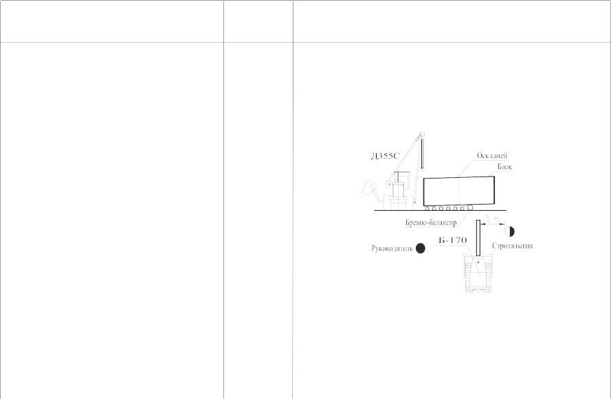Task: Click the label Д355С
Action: [x=385, y=157]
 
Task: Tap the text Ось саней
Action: [x=492, y=156]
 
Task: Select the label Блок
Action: [x=504, y=167]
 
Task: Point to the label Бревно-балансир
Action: [x=431, y=223]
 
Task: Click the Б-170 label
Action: [x=452, y=240]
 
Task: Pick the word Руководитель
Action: [x=392, y=249]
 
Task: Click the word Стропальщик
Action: [x=513, y=246]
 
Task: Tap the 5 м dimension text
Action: [x=493, y=219]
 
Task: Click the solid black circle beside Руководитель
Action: [x=421, y=249]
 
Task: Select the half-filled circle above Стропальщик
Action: [x=509, y=231]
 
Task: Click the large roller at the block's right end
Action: [x=470, y=207]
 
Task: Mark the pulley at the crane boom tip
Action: [x=421, y=135]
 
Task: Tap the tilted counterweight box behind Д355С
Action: [x=368, y=187]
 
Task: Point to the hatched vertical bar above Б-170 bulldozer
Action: [x=478, y=238]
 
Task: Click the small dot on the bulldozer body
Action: [x=478, y=262]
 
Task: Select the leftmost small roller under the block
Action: [x=427, y=209]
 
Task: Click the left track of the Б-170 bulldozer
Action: [x=467, y=272]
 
